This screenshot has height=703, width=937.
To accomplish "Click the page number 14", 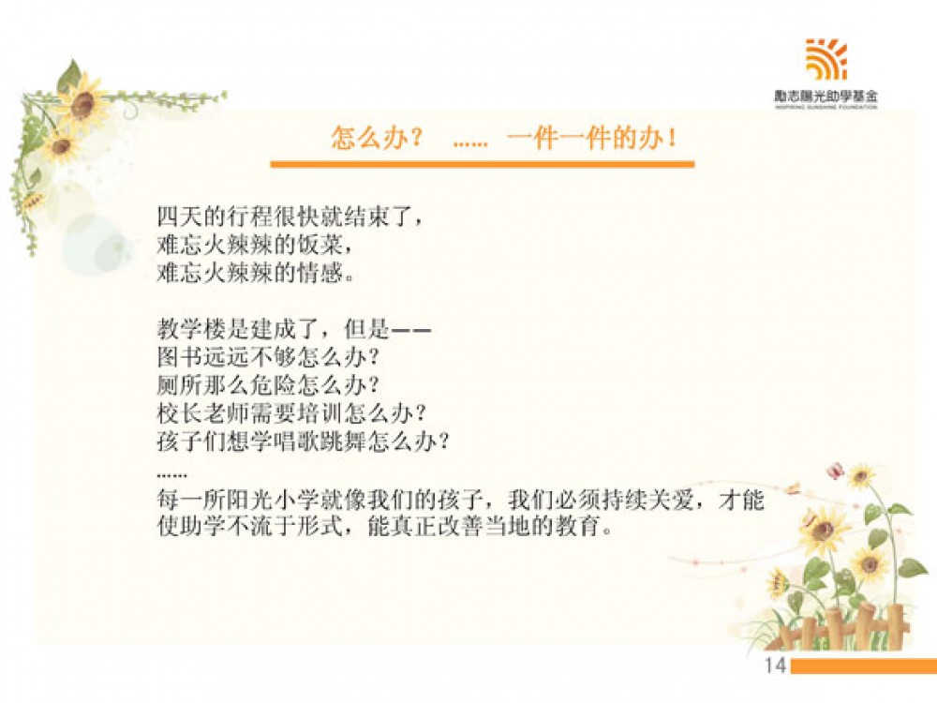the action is pos(775,666).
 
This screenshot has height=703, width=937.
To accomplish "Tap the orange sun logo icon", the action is pos(826,59).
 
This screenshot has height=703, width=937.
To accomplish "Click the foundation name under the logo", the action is pos(826,96).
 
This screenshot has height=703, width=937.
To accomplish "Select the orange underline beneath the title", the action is pos(483,164).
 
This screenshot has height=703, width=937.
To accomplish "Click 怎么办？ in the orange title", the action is pos(377,138).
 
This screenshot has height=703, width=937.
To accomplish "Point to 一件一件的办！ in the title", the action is pos(593,138).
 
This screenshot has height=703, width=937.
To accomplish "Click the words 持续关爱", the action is pos(647,500).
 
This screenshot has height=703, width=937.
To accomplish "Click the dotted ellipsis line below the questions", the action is pos(171,476).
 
